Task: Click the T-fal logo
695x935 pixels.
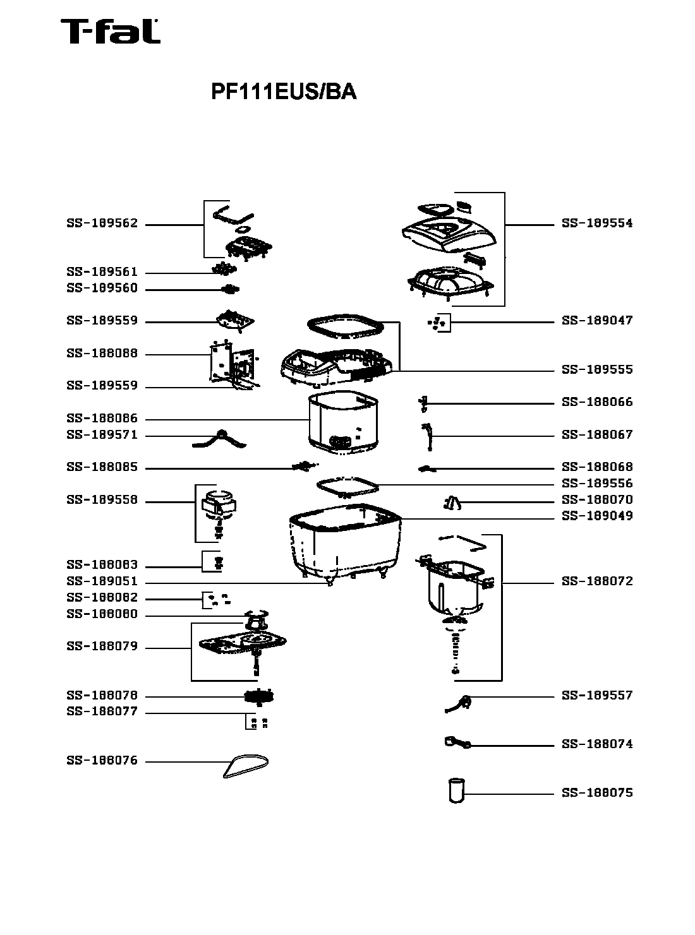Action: click(x=110, y=32)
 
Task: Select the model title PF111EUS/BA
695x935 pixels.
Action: click(x=284, y=92)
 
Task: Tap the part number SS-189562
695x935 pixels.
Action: click(x=102, y=224)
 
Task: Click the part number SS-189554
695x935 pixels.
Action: click(x=596, y=223)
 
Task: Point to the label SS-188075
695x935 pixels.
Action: click(x=596, y=793)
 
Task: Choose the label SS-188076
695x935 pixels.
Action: click(x=102, y=761)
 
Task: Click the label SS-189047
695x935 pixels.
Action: click(x=596, y=321)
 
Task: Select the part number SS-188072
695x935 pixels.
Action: click(x=596, y=581)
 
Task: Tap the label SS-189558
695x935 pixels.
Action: click(x=102, y=501)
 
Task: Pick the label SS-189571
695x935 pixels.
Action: click(x=102, y=435)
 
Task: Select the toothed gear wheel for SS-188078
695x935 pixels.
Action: click(x=260, y=698)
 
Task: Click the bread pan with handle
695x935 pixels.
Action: click(x=454, y=584)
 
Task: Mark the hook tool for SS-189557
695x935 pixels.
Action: click(x=459, y=703)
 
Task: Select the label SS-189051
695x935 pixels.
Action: click(x=102, y=582)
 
